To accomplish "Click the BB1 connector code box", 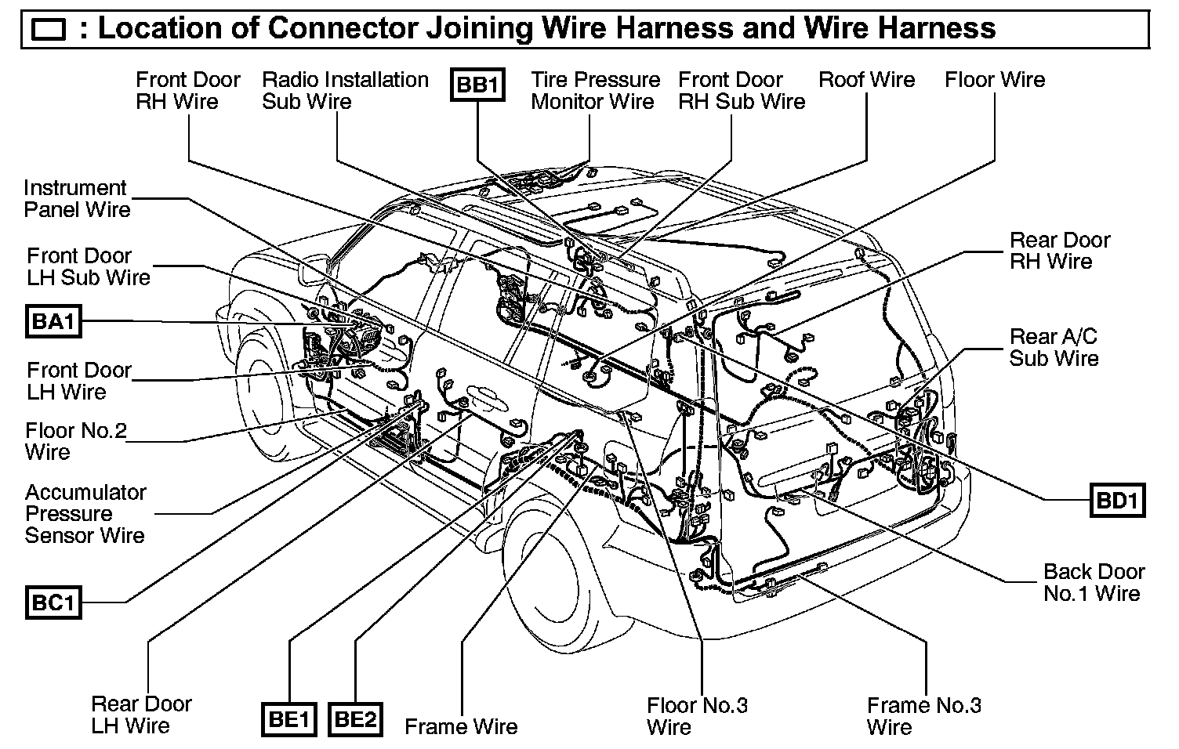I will pos(477,85).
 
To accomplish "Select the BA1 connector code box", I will pos(53,321).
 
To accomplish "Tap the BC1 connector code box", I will pos(53,602).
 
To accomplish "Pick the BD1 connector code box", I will pos(1117,501).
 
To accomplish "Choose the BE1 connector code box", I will pos(288,719).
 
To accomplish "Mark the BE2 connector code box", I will pos(355,719).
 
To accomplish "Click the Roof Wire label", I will pos(866,80).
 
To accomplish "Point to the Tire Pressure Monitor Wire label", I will pos(595,91).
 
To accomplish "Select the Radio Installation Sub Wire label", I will pos(345,91).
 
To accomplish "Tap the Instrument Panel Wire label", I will pos(76,199).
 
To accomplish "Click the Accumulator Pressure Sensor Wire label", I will pos(85,514).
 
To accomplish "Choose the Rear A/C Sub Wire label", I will pos(1054,348).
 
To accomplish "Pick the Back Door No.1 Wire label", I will pos(1094,582).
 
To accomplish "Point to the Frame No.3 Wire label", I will pos(923,716).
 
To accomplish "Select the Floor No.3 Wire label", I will pos(697,716).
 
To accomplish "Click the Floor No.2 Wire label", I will pos(75,442).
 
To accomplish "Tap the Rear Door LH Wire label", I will pos(141,715).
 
